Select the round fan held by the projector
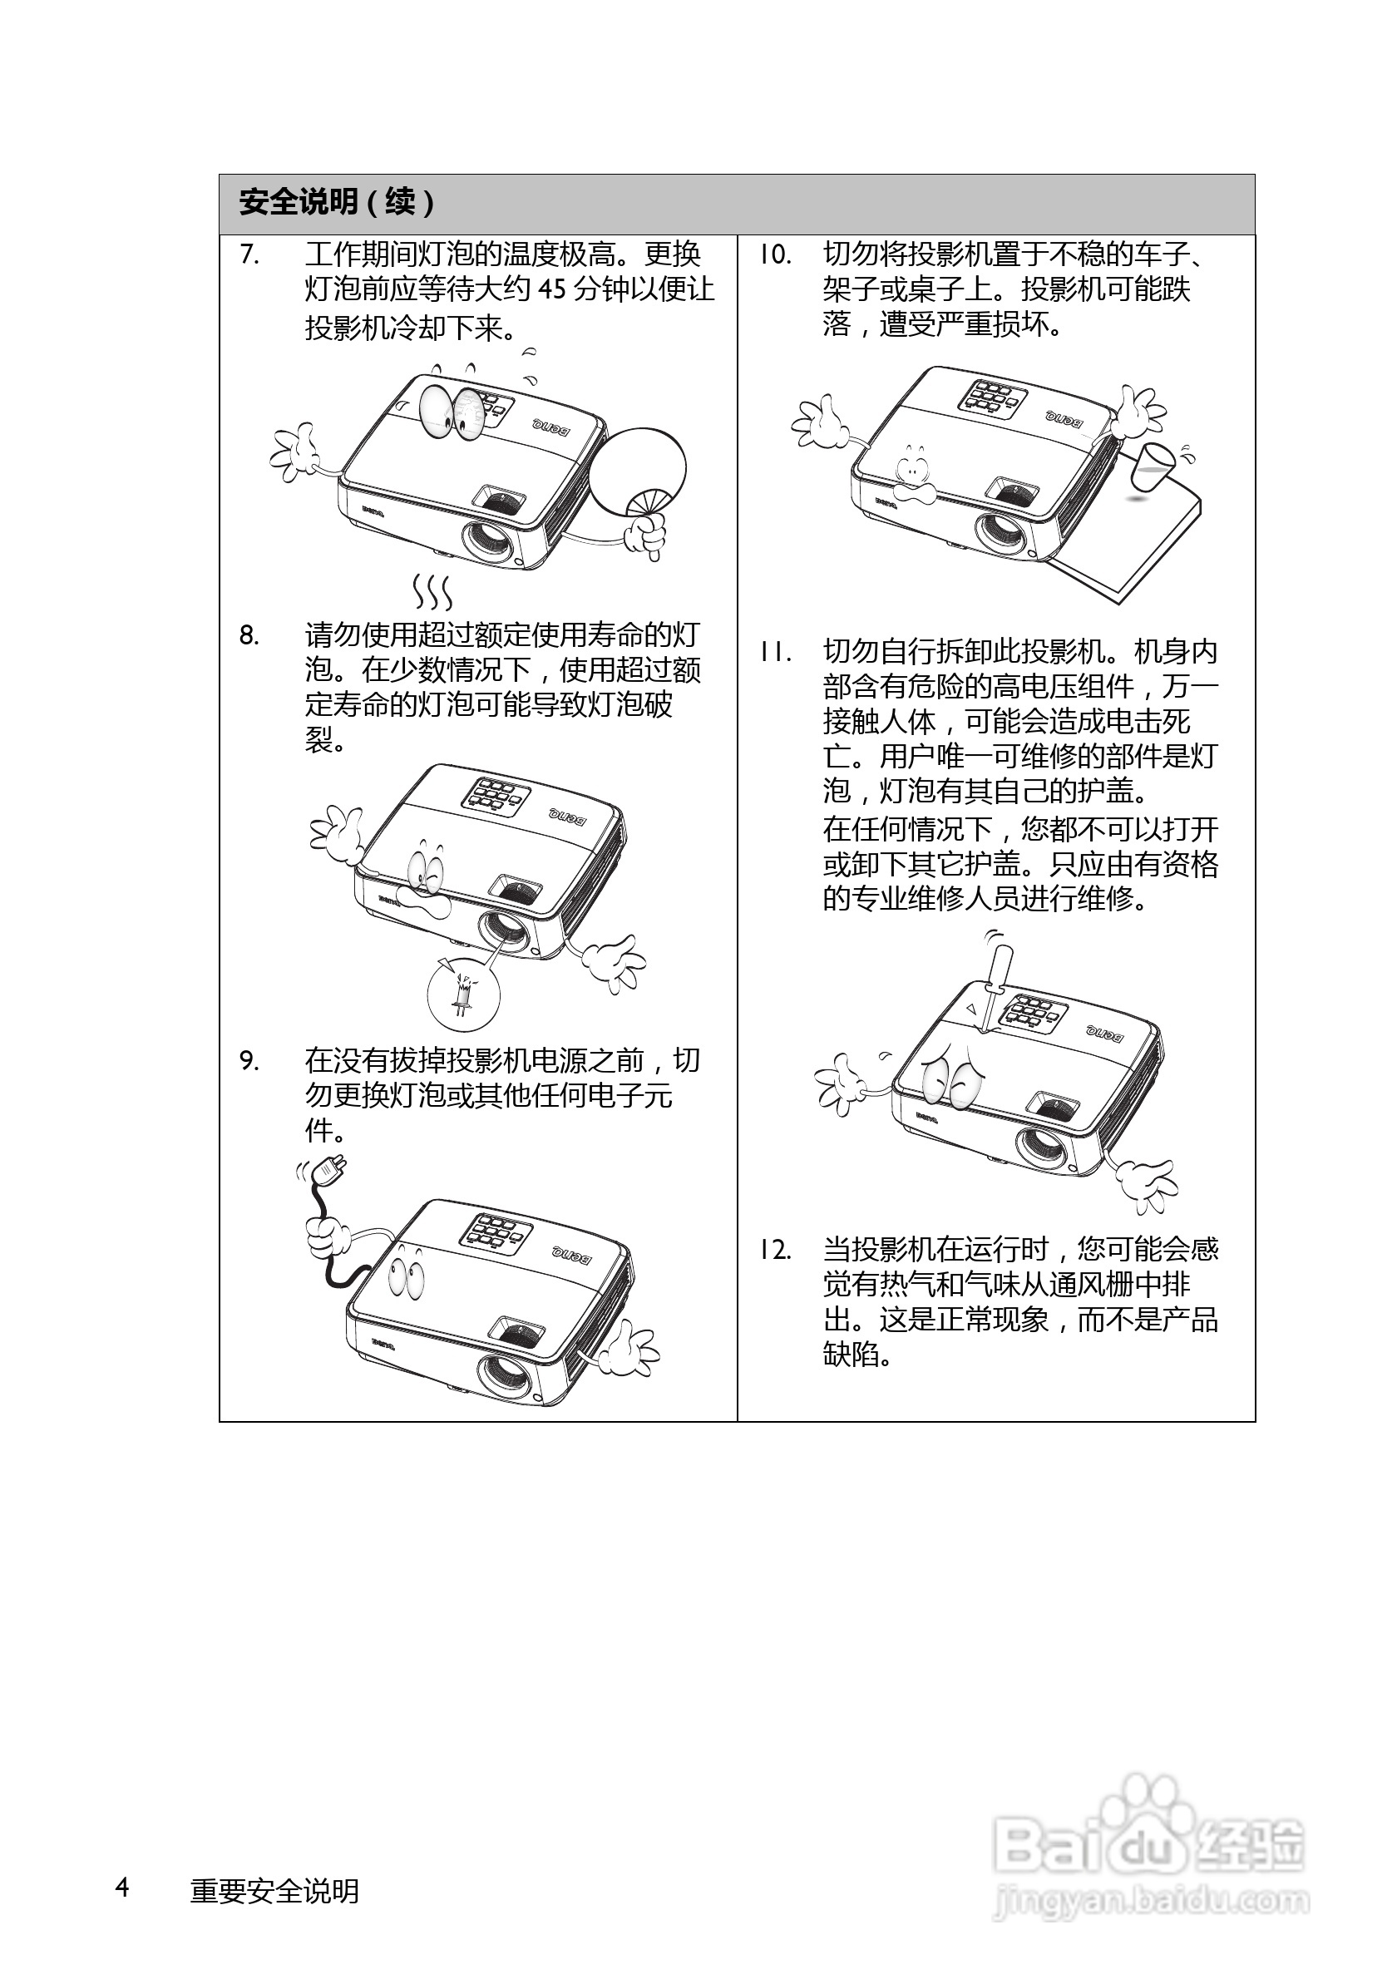639,469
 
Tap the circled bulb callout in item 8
464,993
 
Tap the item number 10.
774,255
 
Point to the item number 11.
774,653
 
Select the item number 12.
774,1250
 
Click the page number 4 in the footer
122,1887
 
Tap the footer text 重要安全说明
274,1891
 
